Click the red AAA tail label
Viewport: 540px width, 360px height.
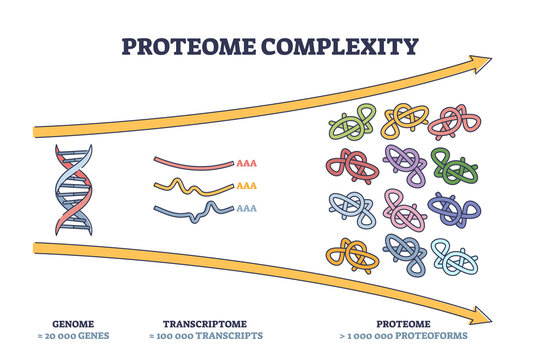coord(247,161)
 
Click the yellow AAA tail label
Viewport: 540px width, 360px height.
coord(247,185)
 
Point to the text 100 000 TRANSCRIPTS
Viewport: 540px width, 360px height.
coord(214,336)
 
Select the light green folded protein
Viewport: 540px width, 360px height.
coord(351,125)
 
